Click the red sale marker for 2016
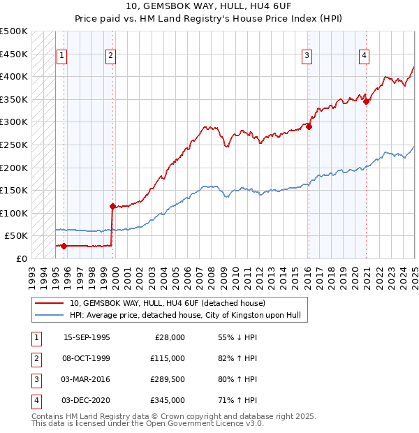pyautogui.click(x=309, y=127)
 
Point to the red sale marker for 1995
pyautogui.click(x=64, y=246)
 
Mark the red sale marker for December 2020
pyautogui.click(x=366, y=101)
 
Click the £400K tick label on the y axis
pyautogui.click(x=14, y=76)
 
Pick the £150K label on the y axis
pyautogui.click(x=14, y=190)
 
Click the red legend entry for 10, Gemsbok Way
pyautogui.click(x=167, y=304)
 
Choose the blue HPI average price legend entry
pyautogui.click(x=184, y=316)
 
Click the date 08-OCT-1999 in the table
pyautogui.click(x=87, y=358)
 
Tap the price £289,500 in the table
pyautogui.click(x=168, y=379)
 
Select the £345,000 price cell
pyautogui.click(x=168, y=400)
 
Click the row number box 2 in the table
pyautogui.click(x=35, y=358)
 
